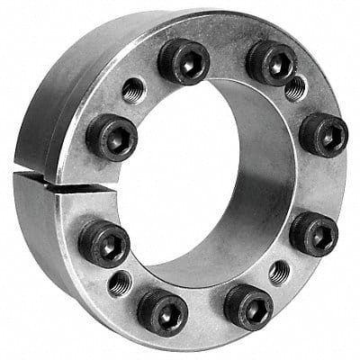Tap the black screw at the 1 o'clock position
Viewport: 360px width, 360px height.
point(271,62)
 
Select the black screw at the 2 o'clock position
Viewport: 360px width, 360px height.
point(323,135)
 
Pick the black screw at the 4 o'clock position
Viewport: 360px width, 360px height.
point(313,235)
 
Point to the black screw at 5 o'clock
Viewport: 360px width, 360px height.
point(247,306)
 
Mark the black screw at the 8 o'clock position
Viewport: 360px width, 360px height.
point(103,243)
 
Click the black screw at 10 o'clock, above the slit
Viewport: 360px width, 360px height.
point(112,137)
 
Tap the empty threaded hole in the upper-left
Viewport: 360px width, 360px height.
point(133,89)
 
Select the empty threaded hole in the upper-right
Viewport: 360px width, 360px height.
point(293,87)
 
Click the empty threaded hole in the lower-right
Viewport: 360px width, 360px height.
point(279,272)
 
